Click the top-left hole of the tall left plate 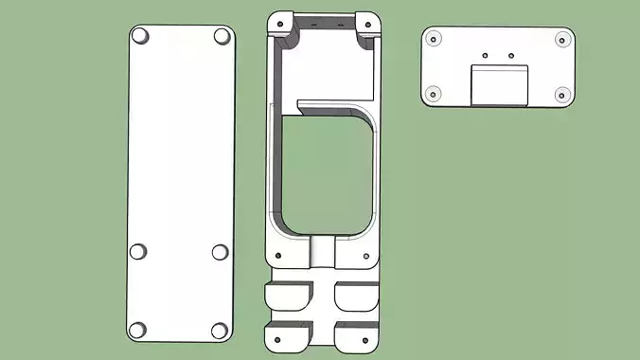tap(140, 36)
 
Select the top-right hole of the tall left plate tap(222, 36)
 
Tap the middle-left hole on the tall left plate tap(138, 252)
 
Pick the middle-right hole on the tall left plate tap(220, 252)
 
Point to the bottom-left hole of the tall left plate tap(138, 330)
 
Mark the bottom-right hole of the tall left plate tap(220, 330)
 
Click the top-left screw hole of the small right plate tap(434, 39)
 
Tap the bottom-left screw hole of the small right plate tap(434, 94)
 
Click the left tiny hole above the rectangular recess tap(485, 55)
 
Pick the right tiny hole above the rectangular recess tap(511, 55)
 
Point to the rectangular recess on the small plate tap(499, 84)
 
